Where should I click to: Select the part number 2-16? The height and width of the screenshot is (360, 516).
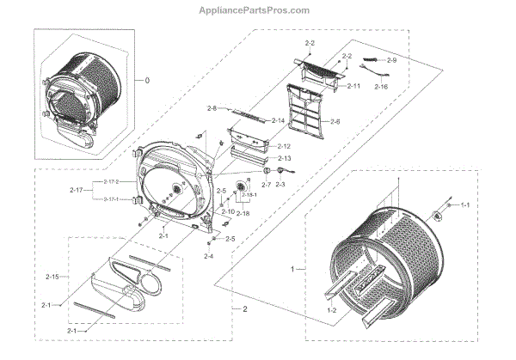382,87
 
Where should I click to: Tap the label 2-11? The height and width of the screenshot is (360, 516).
353,87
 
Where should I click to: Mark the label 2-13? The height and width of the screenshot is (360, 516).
285,159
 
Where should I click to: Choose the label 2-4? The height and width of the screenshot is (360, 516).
209,256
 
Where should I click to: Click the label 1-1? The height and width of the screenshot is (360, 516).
466,205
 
